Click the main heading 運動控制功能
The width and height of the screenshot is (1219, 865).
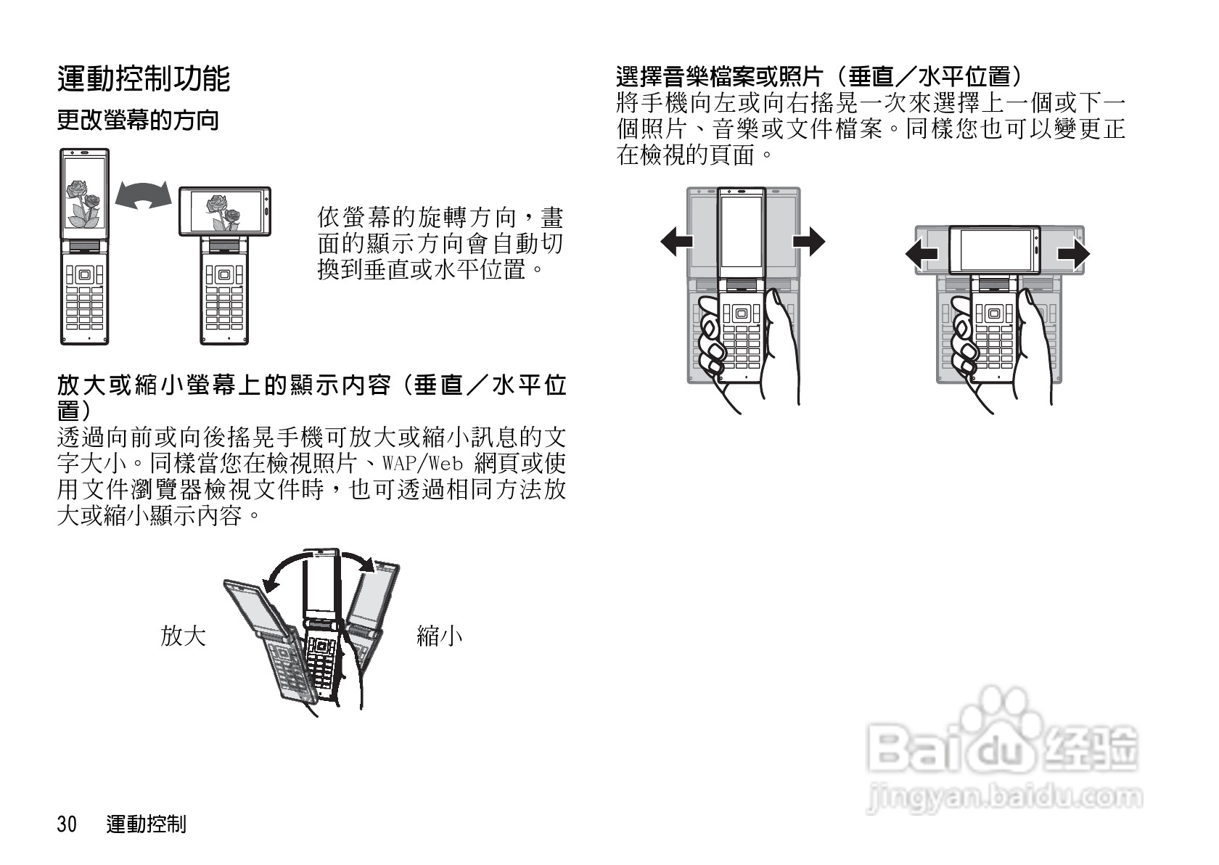click(143, 79)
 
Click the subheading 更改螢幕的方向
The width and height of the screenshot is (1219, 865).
click(137, 120)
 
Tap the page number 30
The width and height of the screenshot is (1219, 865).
click(67, 824)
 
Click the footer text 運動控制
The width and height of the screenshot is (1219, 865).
click(146, 824)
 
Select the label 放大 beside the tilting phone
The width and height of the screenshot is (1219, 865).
click(183, 636)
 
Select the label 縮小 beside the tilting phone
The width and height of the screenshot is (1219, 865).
click(439, 636)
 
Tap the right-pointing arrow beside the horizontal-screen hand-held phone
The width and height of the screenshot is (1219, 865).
click(1073, 255)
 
